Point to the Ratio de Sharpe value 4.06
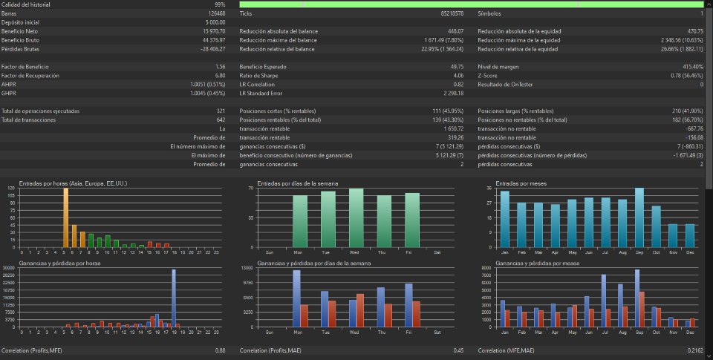[x=458, y=75]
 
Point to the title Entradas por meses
[x=517, y=183]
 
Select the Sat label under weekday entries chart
[x=437, y=252]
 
